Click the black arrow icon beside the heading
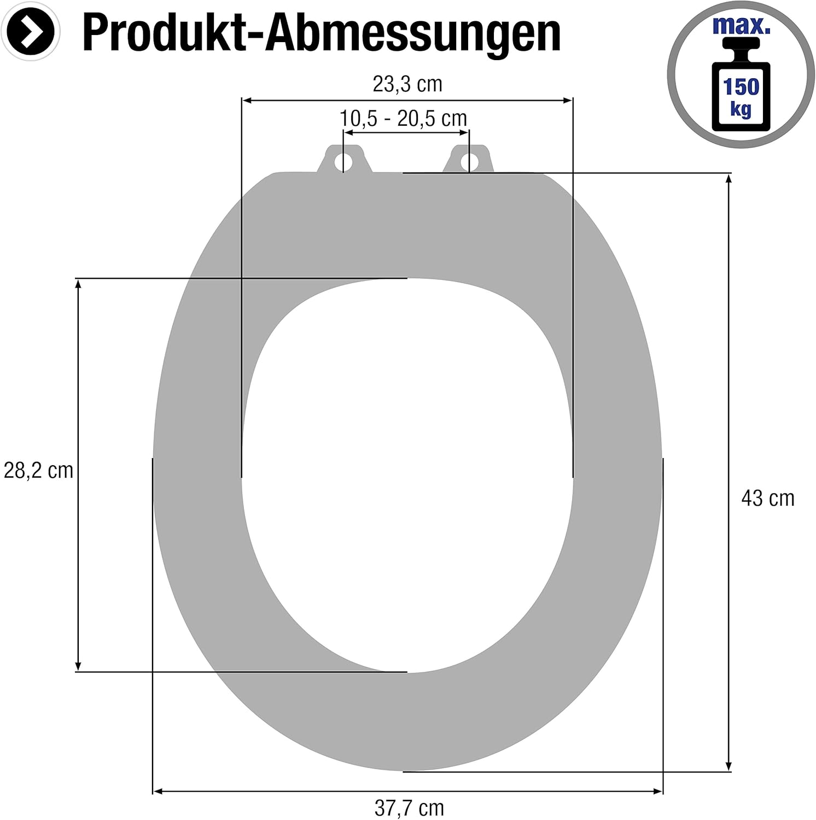(31, 32)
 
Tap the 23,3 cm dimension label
(407, 84)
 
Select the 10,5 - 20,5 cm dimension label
(404, 118)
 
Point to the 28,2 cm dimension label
(38, 470)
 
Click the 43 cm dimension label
(767, 498)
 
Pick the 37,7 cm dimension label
(409, 808)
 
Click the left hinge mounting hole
(344, 161)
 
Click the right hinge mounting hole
(468, 161)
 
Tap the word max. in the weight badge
(741, 26)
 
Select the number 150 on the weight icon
(741, 86)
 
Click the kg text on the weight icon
(741, 109)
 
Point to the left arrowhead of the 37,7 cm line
(157, 790)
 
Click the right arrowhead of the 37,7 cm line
(658, 790)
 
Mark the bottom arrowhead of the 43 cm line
(728, 767)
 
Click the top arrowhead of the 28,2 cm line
(78, 283)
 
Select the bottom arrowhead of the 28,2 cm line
(78, 666)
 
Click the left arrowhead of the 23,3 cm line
(246, 100)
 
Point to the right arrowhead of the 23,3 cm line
(568, 100)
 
